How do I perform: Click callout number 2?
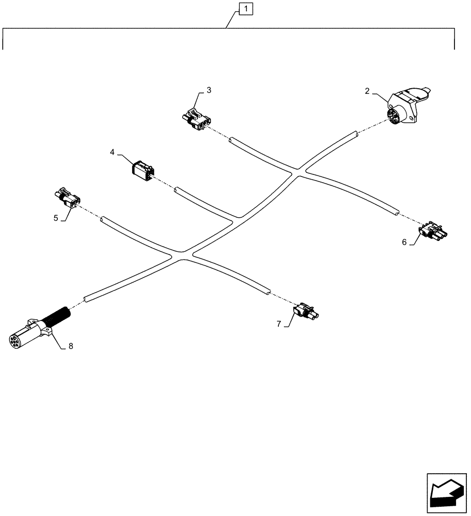coord(367,91)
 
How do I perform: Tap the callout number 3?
coord(209,90)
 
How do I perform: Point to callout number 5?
coord(55,218)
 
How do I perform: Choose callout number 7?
coord(279,324)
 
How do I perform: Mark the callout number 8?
coord(71,346)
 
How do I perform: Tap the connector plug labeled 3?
coord(197,120)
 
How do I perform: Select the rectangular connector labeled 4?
coord(143,170)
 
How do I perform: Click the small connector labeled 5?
coord(68,199)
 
